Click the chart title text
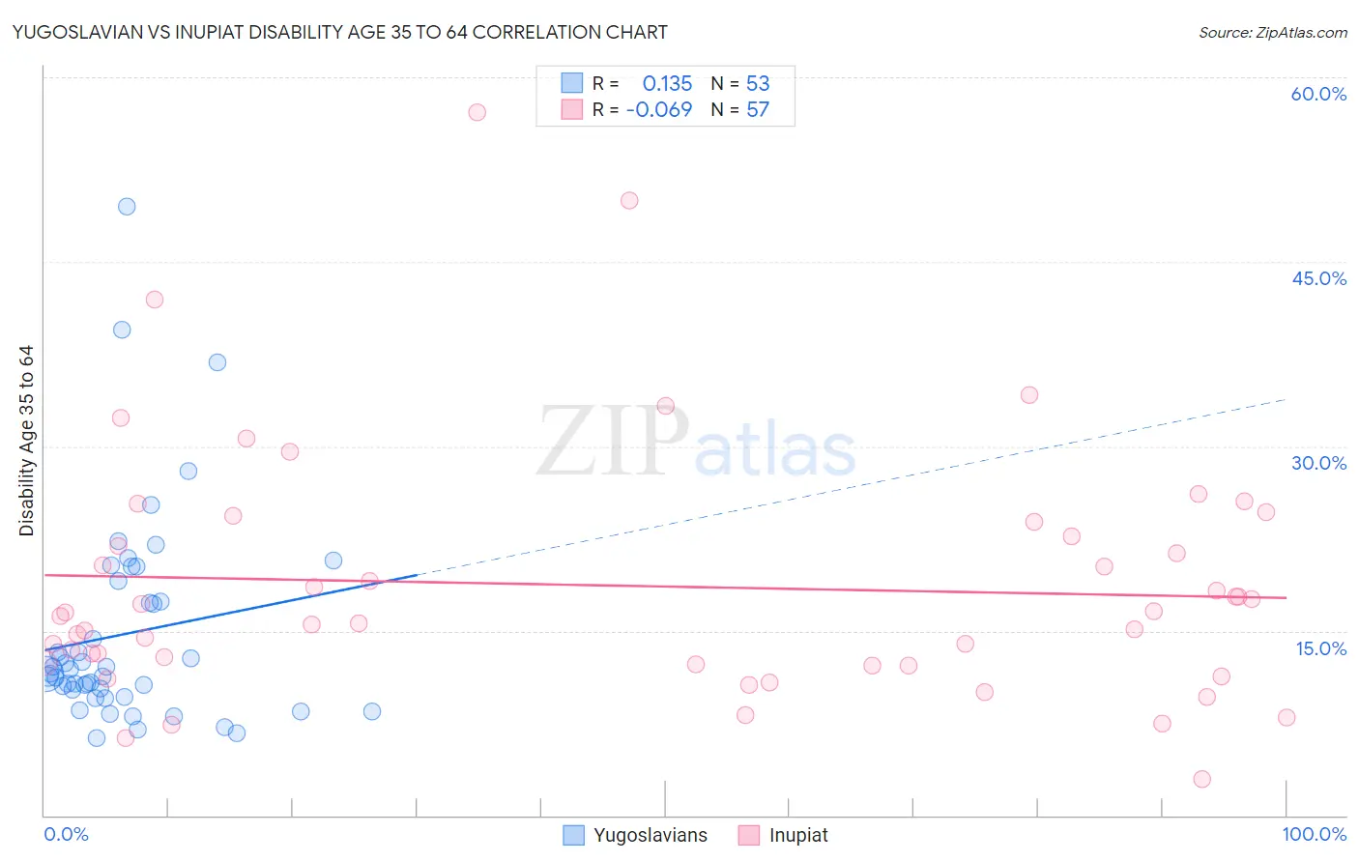(339, 32)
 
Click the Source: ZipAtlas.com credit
(1272, 32)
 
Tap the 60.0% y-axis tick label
(1318, 94)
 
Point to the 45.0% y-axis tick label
(1318, 278)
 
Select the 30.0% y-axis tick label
(1318, 463)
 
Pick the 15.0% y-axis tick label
(1320, 648)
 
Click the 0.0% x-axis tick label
(66, 834)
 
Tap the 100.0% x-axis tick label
(1314, 834)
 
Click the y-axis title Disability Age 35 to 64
(27, 441)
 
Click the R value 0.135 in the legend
(667, 83)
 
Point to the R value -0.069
(659, 109)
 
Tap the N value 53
(758, 83)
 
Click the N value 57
(758, 109)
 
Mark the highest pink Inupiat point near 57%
(477, 112)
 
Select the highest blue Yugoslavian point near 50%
(127, 206)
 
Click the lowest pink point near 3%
(1202, 779)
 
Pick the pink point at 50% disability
(629, 201)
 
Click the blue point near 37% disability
(217, 362)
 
